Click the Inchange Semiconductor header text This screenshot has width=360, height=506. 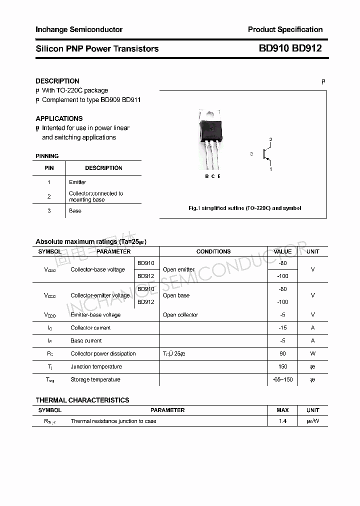click(79, 29)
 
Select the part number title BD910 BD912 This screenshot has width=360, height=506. click(290, 48)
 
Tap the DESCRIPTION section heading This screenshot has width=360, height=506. click(57, 81)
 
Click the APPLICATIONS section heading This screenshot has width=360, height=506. click(59, 118)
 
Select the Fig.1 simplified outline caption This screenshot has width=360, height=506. click(244, 208)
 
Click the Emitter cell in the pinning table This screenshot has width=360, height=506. click(77, 182)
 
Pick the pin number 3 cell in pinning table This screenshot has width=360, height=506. click(49, 210)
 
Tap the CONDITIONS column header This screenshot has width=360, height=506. click(213, 251)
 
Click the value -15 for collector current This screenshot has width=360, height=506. click(282, 328)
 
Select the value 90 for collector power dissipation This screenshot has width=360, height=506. click(282, 353)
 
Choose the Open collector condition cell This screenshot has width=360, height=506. click(180, 315)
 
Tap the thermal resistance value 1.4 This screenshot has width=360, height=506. click(282, 421)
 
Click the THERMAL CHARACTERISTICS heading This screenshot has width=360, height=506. click(82, 400)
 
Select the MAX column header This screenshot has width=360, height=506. click(282, 410)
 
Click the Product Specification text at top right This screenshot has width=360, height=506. click(285, 29)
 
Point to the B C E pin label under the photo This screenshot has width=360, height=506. click(212, 176)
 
